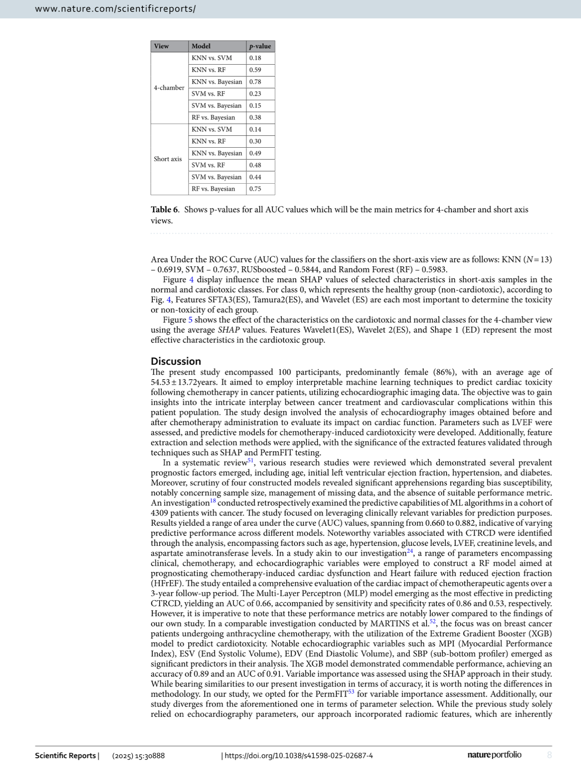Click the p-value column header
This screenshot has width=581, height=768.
(x=260, y=46)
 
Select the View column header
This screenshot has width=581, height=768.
(x=161, y=46)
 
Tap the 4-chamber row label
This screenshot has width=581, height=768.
(x=169, y=88)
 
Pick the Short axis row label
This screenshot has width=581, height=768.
(x=168, y=159)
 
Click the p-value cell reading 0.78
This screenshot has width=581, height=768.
(x=255, y=82)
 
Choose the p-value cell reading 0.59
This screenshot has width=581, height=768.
(x=255, y=70)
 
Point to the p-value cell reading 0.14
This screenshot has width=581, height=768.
(x=255, y=129)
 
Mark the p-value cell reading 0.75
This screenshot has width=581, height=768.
(x=255, y=189)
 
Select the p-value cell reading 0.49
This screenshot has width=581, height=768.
(x=255, y=153)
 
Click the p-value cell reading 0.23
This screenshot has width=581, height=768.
(x=255, y=94)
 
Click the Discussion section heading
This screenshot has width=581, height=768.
(x=176, y=361)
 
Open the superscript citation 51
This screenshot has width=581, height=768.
(x=251, y=461)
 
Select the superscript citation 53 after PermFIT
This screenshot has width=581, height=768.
(x=351, y=692)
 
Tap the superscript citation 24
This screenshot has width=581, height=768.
(x=410, y=551)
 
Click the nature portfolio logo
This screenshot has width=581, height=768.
(x=494, y=755)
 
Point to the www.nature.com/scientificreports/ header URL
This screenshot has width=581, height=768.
(x=116, y=9)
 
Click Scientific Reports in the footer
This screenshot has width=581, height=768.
(x=65, y=756)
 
